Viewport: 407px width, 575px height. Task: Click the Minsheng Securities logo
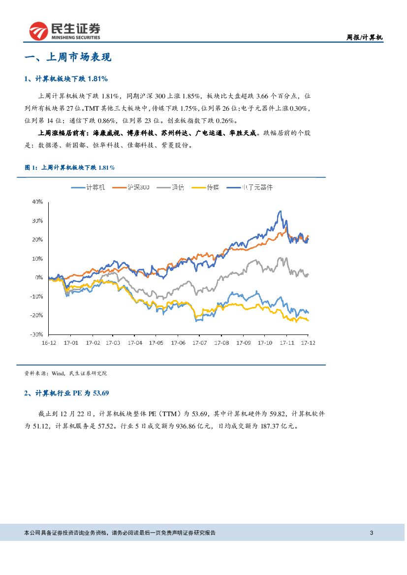pyautogui.click(x=64, y=30)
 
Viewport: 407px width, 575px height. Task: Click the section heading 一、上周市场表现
pyautogui.click(x=68, y=58)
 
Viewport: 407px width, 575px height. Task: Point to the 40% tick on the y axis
pyautogui.click(x=37, y=202)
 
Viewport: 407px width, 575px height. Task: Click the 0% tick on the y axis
pyautogui.click(x=39, y=277)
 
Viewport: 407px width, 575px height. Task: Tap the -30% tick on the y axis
pyautogui.click(x=36, y=334)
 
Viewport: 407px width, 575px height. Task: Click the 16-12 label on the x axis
pyautogui.click(x=50, y=342)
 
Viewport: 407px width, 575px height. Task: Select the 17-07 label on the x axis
pyautogui.click(x=200, y=342)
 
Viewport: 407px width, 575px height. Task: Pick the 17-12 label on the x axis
pyautogui.click(x=308, y=342)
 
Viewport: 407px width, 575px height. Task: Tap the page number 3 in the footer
pyautogui.click(x=372, y=533)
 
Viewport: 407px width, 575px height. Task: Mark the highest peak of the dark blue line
pyautogui.click(x=281, y=211)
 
